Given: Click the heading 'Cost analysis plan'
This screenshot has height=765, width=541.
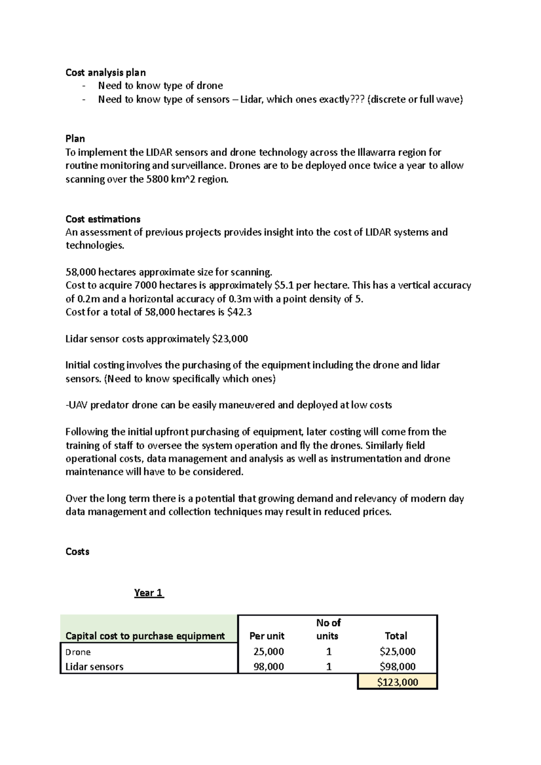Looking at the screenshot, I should [x=105, y=72].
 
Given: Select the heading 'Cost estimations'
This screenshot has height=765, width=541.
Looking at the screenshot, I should [x=103, y=219].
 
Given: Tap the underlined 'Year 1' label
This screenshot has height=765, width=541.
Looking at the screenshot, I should [x=149, y=592].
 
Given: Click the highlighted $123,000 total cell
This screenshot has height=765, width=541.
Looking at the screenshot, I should [x=397, y=682].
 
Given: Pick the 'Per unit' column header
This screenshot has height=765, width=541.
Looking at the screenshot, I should [x=267, y=636].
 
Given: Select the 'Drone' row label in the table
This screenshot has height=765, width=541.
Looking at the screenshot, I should [x=78, y=652].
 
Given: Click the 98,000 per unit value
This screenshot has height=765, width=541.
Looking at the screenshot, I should [x=269, y=666].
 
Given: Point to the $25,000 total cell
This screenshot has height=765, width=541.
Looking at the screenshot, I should [x=397, y=651].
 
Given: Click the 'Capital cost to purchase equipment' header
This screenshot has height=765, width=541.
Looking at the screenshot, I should [x=145, y=636].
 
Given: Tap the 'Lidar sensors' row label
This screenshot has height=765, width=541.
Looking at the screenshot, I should [x=94, y=666].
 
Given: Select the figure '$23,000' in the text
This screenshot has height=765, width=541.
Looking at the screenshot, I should [x=230, y=339].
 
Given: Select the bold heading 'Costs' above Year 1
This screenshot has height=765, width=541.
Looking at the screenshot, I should [x=77, y=551].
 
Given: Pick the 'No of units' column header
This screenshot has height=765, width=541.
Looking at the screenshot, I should [x=328, y=629].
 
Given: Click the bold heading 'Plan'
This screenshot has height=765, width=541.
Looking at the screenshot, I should [x=75, y=138].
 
